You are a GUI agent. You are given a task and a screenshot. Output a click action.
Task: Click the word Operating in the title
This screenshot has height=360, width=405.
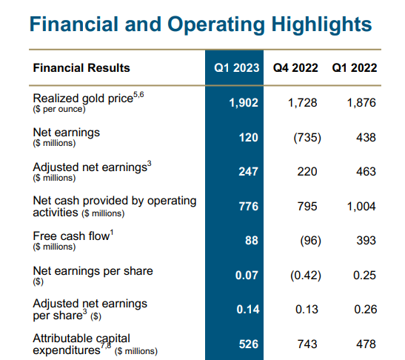point(216,25)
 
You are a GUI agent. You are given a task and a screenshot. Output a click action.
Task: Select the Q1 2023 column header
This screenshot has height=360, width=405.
point(237,68)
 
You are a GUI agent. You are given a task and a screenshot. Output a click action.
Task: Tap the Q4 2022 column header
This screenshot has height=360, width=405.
point(295,68)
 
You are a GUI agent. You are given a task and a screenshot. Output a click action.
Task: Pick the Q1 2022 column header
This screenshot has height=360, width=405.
point(355,68)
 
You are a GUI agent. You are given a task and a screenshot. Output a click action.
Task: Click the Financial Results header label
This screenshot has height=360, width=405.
point(81,68)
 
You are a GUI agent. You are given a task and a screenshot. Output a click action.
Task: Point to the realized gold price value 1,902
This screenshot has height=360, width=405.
point(244,103)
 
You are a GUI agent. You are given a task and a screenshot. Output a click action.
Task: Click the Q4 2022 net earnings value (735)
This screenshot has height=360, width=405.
point(307,138)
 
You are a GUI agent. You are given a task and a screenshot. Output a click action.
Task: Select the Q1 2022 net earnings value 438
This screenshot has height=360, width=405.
point(366,138)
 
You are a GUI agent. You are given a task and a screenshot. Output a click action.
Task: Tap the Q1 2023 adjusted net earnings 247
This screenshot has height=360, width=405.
point(248,172)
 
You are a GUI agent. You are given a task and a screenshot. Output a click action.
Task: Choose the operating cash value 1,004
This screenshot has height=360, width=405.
point(361,207)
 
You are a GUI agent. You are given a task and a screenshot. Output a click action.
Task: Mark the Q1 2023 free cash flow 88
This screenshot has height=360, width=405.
point(251,240)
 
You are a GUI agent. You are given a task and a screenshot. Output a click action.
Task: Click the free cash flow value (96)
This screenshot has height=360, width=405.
point(310,241)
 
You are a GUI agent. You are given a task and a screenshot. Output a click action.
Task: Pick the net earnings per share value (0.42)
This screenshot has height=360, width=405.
point(306,276)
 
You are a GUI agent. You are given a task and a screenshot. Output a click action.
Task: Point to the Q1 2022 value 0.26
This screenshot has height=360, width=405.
point(366,310)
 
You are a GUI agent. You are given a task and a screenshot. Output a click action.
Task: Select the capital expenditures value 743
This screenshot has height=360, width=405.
point(307,344)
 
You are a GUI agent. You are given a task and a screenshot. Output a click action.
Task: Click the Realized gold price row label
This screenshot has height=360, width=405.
point(83,99)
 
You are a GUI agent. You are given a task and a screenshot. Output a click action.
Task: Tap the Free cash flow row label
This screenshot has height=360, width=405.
point(71,236)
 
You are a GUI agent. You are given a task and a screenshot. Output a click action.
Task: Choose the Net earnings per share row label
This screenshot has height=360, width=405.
point(93,271)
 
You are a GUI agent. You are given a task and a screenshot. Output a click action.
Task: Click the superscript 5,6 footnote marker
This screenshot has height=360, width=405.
point(138,95)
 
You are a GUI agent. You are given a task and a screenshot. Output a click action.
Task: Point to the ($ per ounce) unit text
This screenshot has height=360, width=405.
point(59,109)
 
